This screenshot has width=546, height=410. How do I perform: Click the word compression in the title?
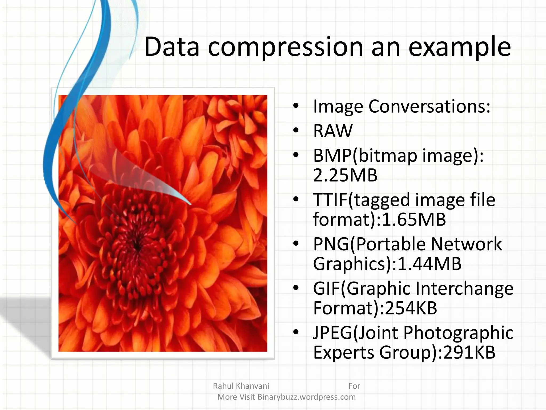tap(285, 48)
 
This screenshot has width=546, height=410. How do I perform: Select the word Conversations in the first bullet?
tap(429, 107)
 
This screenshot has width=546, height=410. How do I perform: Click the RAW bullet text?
tap(333, 131)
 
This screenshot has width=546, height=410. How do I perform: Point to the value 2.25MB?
tap(345, 175)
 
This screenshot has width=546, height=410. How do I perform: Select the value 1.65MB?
tap(414, 220)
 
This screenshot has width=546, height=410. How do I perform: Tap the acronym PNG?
tap(331, 244)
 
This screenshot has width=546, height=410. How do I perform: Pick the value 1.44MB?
tap(429, 264)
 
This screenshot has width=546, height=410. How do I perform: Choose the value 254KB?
tap(411, 308)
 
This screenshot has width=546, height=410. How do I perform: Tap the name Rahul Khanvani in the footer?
tap(241, 386)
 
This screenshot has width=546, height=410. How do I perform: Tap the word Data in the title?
tap(172, 48)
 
